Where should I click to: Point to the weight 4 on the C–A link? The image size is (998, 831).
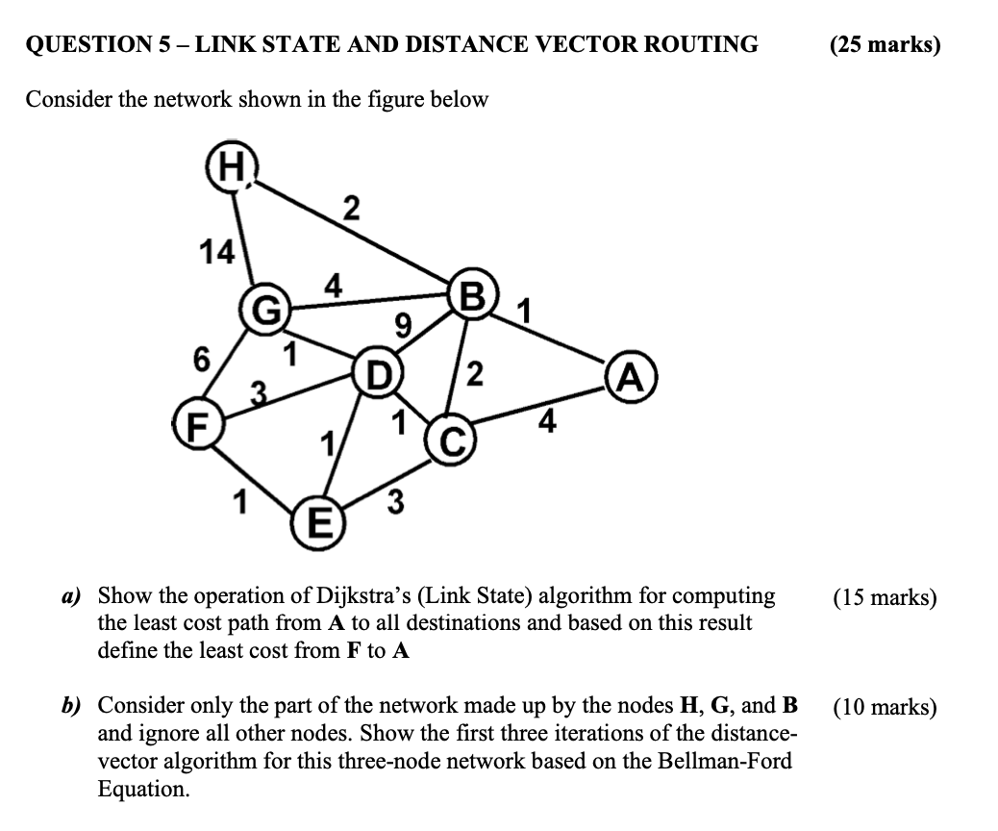tap(546, 421)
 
